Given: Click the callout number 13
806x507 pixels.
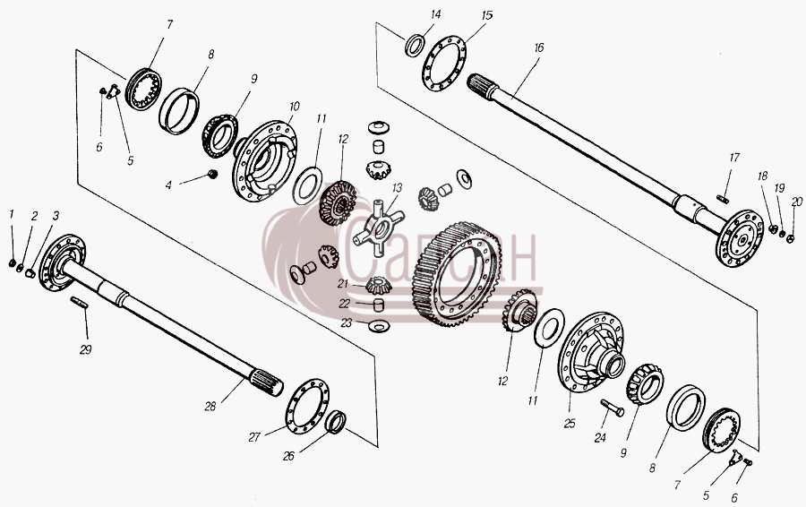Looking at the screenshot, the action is click(397, 189).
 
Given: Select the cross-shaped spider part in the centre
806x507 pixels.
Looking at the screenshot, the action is click(378, 228).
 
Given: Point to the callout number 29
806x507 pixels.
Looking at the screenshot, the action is click(85, 349).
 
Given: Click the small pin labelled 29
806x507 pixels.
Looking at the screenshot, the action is click(79, 303).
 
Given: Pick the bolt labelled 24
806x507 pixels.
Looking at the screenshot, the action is click(612, 408).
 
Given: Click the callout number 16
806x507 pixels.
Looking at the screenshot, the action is click(538, 48).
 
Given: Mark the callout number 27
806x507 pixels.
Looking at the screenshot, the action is click(254, 437).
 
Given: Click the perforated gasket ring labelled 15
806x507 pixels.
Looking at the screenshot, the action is click(444, 64).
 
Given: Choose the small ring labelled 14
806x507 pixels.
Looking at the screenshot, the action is click(415, 46).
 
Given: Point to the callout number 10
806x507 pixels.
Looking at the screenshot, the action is click(294, 107).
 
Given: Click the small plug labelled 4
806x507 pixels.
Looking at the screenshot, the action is click(211, 175).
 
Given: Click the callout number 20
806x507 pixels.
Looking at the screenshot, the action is click(796, 202).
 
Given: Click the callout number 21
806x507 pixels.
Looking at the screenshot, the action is click(343, 283).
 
